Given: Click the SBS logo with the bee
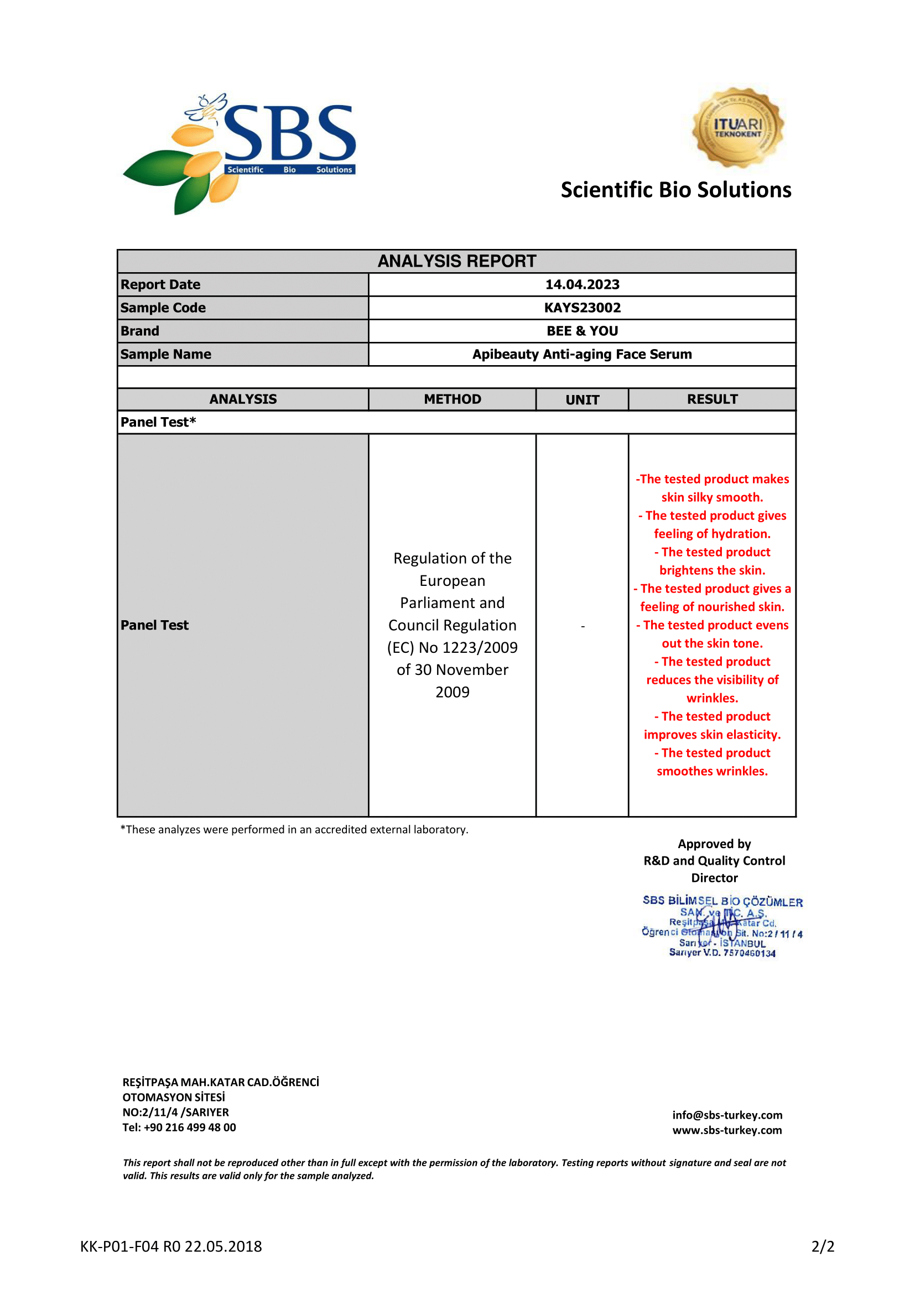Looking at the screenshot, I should pos(240,152).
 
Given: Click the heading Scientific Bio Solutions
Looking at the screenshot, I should pos(675,190).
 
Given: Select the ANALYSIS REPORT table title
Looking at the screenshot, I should pos(456,261).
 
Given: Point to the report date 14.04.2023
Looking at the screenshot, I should pos(582,284).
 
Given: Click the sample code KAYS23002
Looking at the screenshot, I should pos(582,308).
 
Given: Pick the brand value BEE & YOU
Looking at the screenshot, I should pos(582,331).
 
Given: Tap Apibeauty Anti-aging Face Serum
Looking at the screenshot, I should pos(582,354).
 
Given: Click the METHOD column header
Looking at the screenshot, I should pos(453,399).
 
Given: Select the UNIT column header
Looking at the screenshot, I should pos(582,399).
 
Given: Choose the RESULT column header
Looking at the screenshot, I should pos(712,399).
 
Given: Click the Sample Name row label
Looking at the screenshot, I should pos(165,354).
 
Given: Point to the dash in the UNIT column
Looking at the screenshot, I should pos(583,626).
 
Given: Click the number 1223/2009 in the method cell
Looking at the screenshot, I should pos(485,648).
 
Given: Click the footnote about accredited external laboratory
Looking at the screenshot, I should pos(294,830).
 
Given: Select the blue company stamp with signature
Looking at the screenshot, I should pos(722,926).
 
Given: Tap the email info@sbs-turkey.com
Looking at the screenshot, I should pos(727,1115).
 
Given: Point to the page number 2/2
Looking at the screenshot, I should pos(822,1246).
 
